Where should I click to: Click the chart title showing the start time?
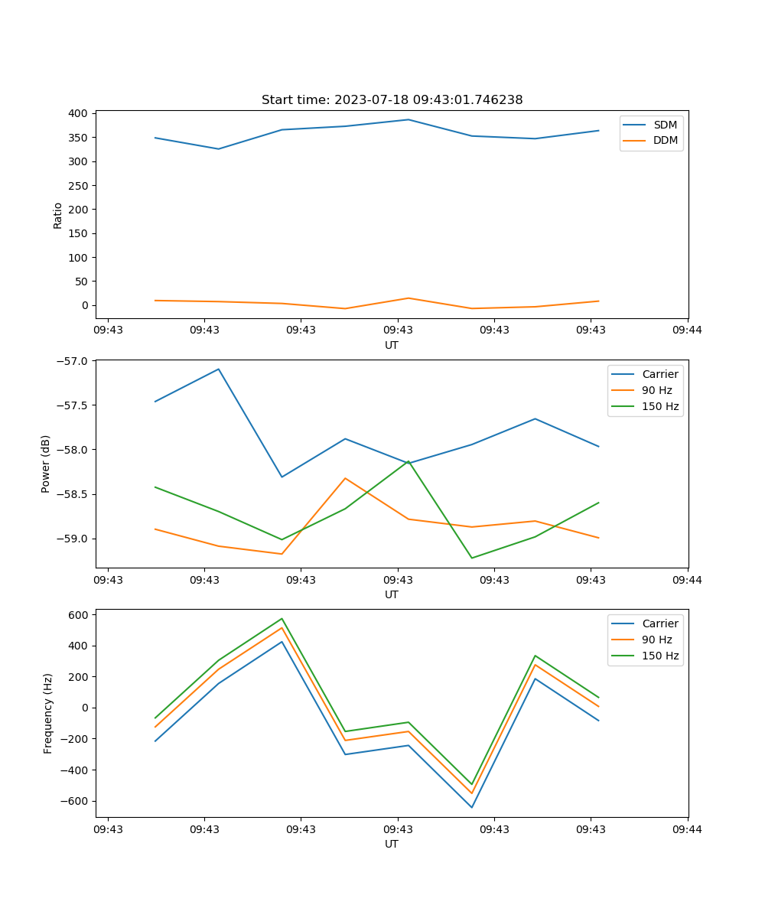click(392, 100)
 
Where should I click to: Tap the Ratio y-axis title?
click(58, 215)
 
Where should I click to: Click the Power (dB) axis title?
click(46, 464)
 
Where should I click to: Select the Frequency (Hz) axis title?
click(48, 713)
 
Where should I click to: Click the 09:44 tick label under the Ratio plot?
click(687, 330)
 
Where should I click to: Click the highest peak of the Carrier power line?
click(218, 369)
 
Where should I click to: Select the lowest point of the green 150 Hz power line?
click(471, 558)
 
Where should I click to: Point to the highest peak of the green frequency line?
click(282, 618)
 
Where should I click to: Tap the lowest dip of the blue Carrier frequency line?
click(471, 807)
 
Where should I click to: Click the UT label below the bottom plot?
click(392, 844)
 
